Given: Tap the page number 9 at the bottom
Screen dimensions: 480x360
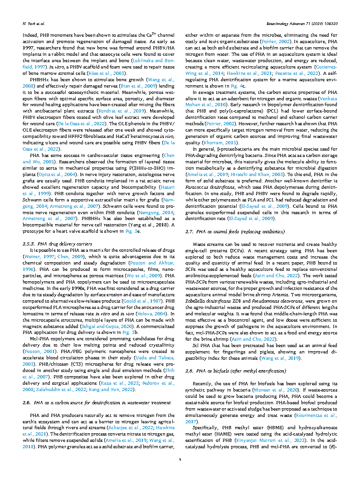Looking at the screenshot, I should tap(180, 460).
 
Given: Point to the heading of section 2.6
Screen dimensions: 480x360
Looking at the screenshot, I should tap(90, 402).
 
